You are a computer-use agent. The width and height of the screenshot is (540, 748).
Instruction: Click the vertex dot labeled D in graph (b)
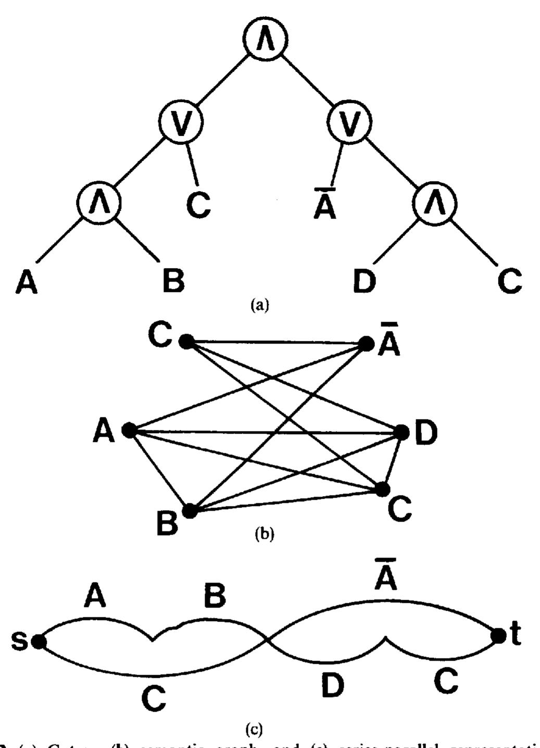click(x=402, y=432)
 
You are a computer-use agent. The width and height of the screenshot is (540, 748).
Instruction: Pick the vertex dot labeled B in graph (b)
click(x=190, y=511)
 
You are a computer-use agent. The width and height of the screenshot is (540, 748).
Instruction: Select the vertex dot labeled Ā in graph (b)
click(x=367, y=344)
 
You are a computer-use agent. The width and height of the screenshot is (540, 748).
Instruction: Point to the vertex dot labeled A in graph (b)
click(x=129, y=430)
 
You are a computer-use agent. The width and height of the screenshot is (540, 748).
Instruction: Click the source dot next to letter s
click(x=38, y=641)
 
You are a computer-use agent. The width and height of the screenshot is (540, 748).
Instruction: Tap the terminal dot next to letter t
click(x=498, y=636)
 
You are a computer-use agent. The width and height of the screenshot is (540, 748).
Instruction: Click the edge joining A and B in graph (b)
click(x=159, y=470)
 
